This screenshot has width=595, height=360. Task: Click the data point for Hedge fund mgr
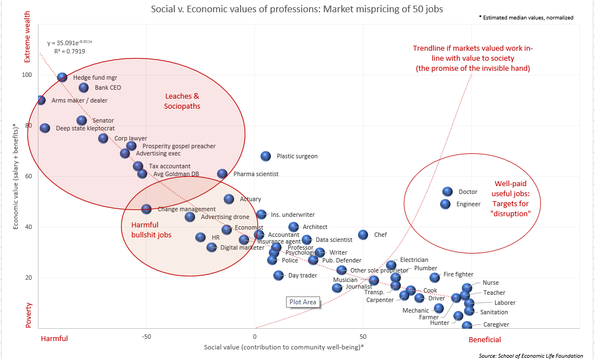click(62, 77)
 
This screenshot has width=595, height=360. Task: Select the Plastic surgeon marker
click(265, 156)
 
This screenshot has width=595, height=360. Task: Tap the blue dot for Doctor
click(447, 192)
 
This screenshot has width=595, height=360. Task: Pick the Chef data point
click(363, 235)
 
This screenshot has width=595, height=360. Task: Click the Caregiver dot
click(467, 325)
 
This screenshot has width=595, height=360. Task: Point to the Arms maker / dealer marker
click(41, 100)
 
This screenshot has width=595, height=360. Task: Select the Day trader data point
click(279, 275)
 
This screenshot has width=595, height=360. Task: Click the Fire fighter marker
click(434, 277)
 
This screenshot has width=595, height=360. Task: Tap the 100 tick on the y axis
click(27, 75)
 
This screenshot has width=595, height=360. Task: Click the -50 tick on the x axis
click(146, 337)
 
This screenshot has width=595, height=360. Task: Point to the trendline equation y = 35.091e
click(70, 42)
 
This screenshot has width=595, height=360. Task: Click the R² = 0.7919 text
click(70, 51)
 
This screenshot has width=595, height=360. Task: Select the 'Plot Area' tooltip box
click(303, 302)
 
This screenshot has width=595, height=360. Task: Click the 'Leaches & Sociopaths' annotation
click(182, 101)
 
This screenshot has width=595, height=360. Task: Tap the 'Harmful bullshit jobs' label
click(151, 230)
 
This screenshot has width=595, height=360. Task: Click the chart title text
click(297, 9)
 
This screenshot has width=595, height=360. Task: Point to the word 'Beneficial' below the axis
click(485, 339)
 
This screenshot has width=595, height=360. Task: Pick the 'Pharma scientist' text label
click(255, 174)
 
